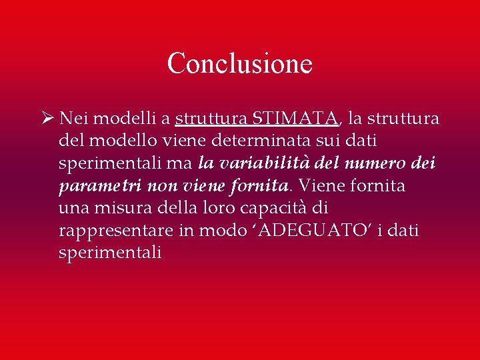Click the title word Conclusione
[239, 64]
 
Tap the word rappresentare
[115, 231]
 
